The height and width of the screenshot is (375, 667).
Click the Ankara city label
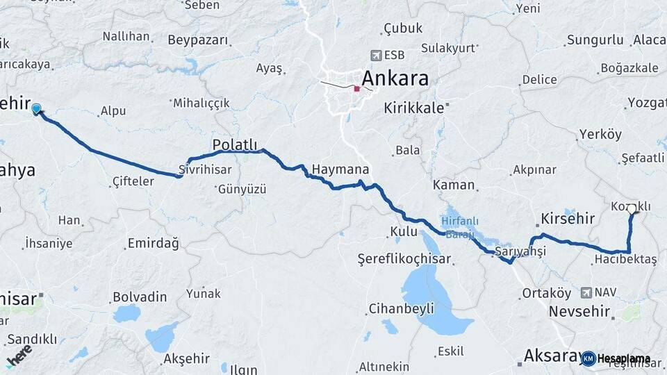(395, 78)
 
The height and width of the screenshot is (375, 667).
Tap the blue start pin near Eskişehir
(36, 108)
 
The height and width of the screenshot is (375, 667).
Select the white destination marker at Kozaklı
(632, 208)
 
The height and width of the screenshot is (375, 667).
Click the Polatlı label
(235, 144)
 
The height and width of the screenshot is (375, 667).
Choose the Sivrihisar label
(204, 169)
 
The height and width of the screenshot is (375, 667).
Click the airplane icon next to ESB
(376, 55)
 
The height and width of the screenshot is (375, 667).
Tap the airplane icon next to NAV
(586, 292)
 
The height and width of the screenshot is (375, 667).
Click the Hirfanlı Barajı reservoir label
(459, 226)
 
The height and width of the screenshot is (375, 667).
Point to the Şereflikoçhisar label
(404, 259)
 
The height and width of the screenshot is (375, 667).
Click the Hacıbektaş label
(625, 259)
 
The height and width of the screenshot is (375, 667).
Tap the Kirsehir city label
(567, 219)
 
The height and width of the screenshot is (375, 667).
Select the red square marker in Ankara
(357, 88)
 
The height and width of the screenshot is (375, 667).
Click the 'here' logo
(19, 355)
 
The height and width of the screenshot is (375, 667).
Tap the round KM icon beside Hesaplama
(588, 358)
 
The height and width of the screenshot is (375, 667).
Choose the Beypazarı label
(197, 40)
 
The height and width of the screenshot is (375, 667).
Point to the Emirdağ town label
(153, 244)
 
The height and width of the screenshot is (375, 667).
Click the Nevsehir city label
(582, 311)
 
